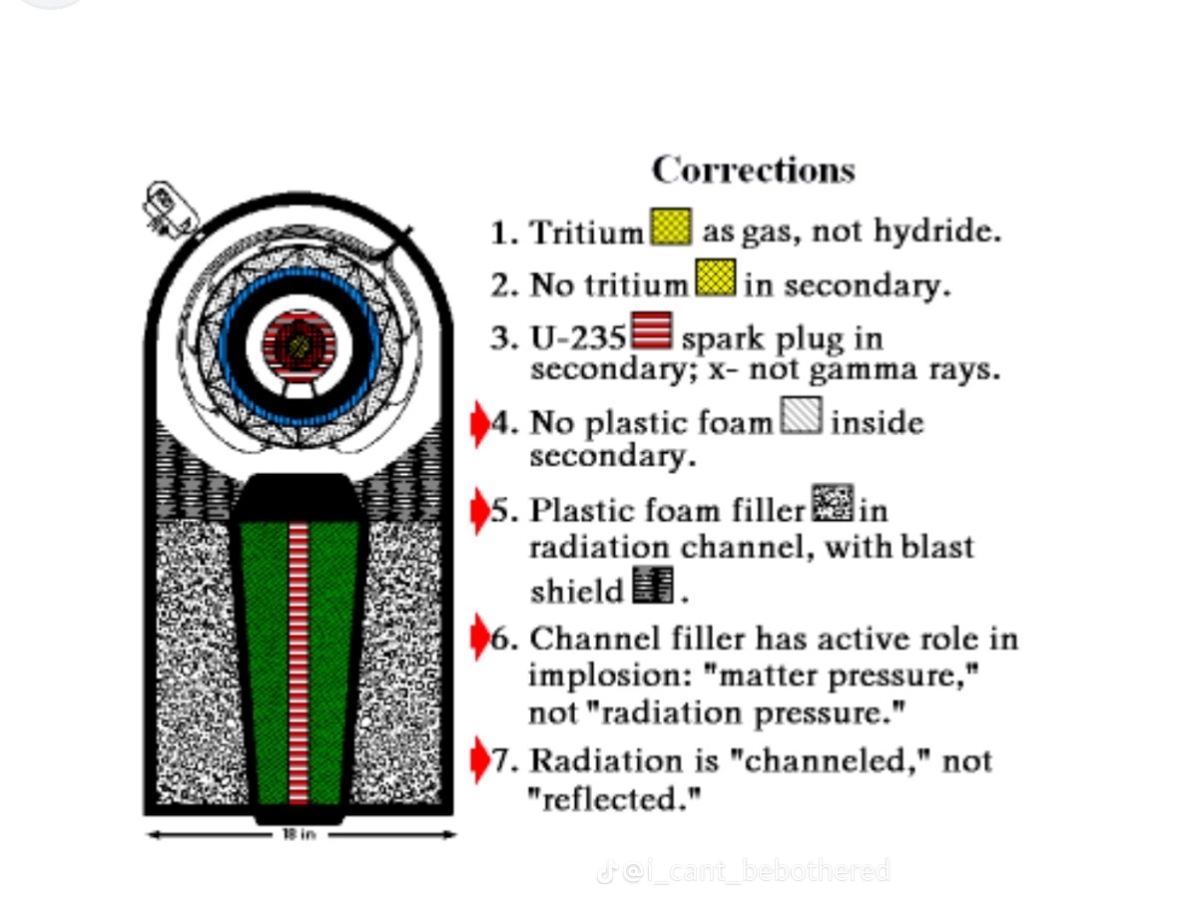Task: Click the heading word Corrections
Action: pyautogui.click(x=753, y=170)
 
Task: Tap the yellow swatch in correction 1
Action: pyautogui.click(x=671, y=227)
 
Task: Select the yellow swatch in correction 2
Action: pyautogui.click(x=715, y=278)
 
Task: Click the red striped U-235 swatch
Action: pyautogui.click(x=652, y=331)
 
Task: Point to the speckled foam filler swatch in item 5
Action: pyautogui.click(x=832, y=503)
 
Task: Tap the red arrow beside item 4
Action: pyautogui.click(x=479, y=423)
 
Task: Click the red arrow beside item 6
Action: pyautogui.click(x=479, y=638)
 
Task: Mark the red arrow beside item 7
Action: pyautogui.click(x=479, y=760)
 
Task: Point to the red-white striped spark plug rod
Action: pyautogui.click(x=298, y=659)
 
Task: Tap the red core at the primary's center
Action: pyautogui.click(x=298, y=345)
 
